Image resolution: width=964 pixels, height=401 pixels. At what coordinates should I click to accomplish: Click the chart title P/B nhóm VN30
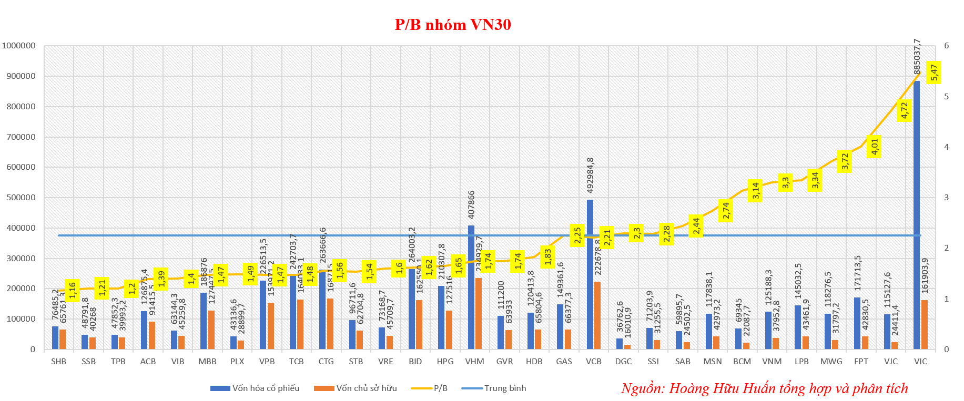tap(453, 25)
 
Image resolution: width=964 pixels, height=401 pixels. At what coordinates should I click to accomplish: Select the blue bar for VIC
tap(917, 215)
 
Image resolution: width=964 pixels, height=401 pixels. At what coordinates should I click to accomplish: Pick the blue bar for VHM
tap(471, 287)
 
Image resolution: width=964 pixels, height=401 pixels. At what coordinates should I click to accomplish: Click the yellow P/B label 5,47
tap(934, 72)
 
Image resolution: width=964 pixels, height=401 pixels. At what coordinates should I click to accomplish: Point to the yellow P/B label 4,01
tap(875, 147)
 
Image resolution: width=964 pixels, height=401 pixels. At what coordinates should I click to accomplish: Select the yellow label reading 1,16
tap(72, 290)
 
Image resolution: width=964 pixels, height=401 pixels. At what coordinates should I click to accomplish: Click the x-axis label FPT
tap(861, 362)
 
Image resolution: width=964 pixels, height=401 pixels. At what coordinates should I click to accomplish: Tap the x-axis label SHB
tap(59, 362)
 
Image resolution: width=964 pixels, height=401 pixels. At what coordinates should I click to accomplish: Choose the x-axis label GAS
tap(564, 362)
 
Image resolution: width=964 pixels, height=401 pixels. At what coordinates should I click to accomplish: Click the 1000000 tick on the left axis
tap(19, 46)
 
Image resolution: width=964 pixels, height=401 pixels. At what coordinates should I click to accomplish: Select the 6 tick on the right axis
tap(947, 46)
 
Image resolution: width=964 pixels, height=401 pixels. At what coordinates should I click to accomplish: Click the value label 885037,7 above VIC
tap(917, 57)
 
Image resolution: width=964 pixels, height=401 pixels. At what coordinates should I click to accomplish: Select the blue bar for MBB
tap(204, 321)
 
